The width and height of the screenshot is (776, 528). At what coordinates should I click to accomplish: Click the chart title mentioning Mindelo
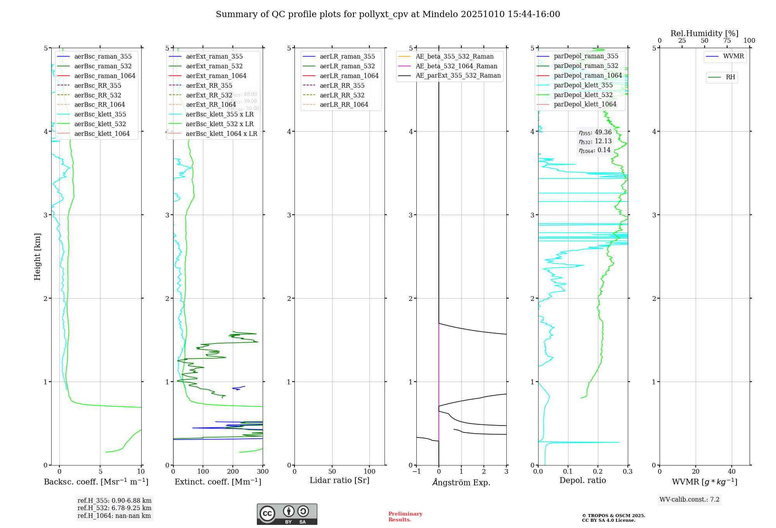click(388, 14)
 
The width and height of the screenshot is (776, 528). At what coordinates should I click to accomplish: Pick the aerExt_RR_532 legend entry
click(209, 95)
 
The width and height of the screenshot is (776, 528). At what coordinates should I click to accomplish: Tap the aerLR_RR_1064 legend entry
click(344, 104)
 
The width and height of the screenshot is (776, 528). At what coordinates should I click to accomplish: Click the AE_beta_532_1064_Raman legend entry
click(456, 66)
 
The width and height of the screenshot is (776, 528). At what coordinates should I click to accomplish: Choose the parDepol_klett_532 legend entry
click(583, 95)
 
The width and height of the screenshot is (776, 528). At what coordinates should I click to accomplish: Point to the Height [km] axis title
click(37, 256)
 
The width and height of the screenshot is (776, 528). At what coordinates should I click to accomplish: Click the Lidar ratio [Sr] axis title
click(339, 480)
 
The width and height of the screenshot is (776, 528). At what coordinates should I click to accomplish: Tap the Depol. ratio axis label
click(582, 480)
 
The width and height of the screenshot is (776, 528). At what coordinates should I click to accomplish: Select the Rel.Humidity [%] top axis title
click(704, 33)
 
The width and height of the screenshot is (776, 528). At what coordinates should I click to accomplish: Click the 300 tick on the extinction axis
click(263, 472)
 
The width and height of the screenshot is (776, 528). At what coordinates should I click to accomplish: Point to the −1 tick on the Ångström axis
click(416, 472)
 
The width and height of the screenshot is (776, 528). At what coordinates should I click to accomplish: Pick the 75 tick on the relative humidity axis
click(727, 41)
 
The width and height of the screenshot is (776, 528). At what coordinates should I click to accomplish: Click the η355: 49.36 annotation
click(595, 132)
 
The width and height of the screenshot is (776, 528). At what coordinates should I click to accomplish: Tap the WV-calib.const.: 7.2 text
click(689, 499)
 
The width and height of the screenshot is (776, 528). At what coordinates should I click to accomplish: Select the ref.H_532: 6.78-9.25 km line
click(114, 508)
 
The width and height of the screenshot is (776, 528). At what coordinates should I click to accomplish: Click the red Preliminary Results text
click(405, 517)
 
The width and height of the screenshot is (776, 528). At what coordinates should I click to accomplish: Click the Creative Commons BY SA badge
click(287, 514)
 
